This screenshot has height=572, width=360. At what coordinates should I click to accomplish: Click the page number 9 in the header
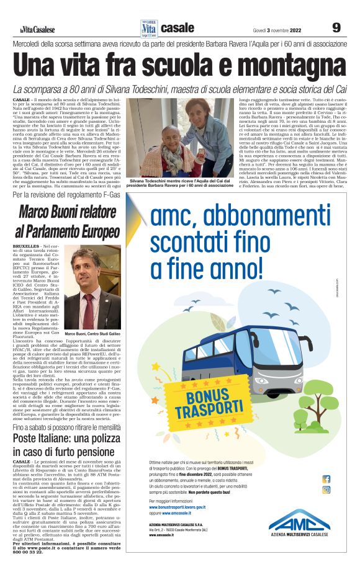[336, 28]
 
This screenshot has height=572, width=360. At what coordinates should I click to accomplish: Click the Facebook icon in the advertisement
[326, 479]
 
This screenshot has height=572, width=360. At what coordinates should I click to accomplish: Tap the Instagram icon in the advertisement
[326, 489]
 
